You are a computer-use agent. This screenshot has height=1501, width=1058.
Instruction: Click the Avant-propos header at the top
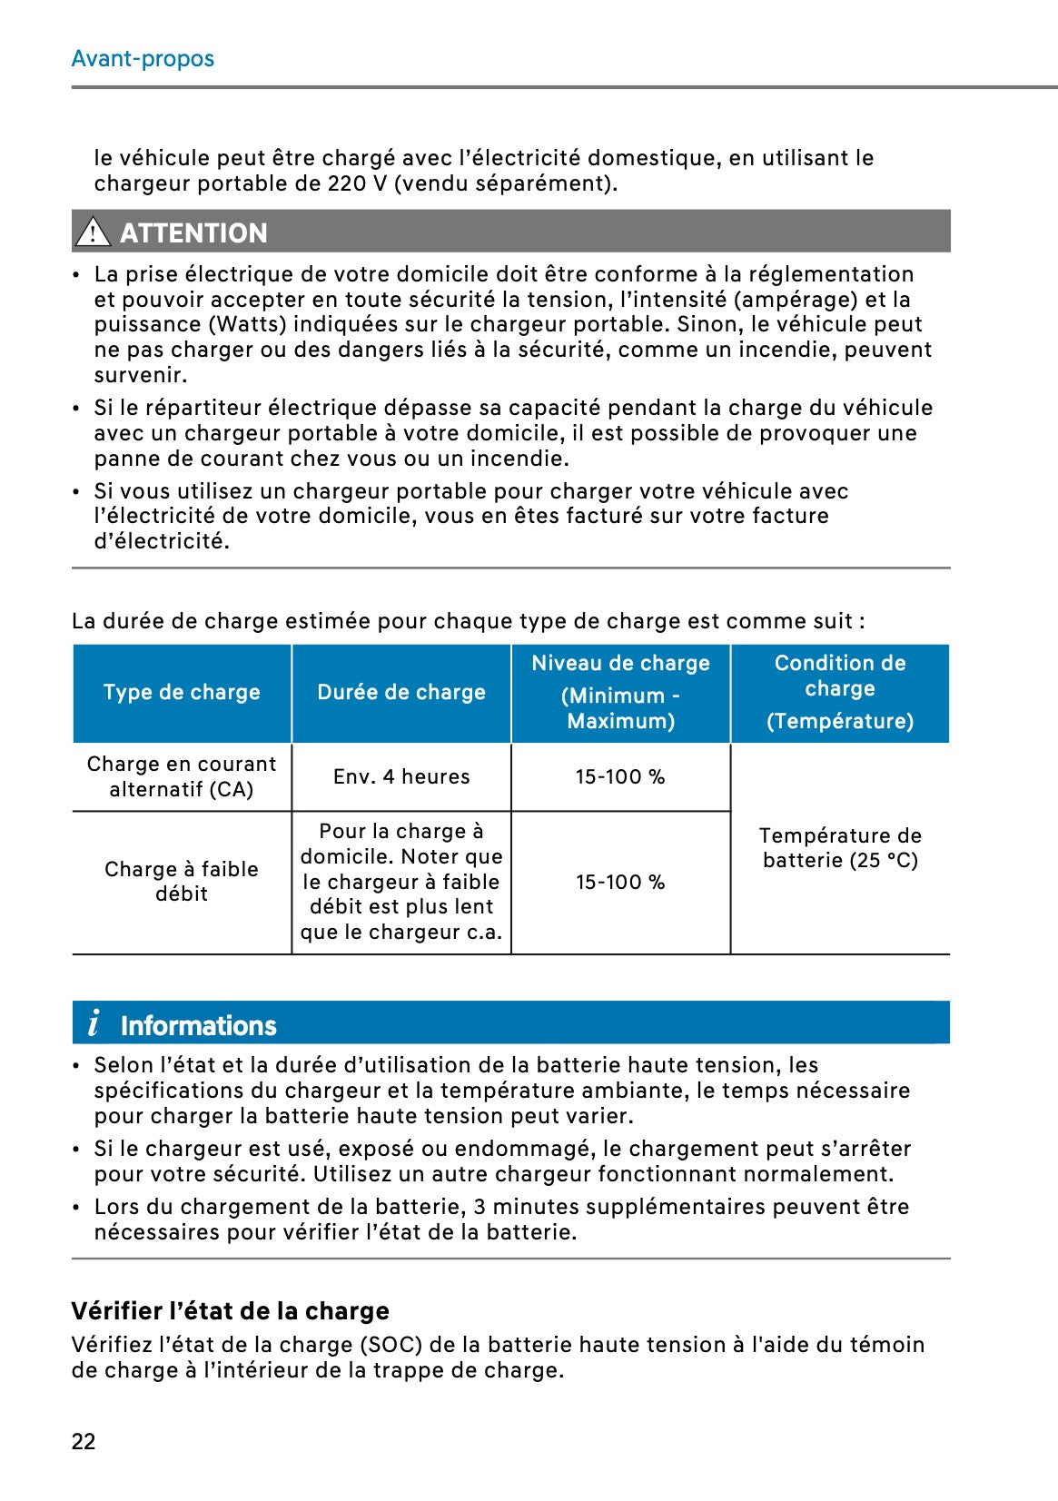(x=143, y=59)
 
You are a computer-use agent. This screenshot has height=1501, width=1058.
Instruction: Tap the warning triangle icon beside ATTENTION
(x=93, y=232)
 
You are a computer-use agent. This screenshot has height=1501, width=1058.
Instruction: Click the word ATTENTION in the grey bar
(x=193, y=233)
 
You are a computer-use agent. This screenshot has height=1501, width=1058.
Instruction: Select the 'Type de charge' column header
(x=182, y=693)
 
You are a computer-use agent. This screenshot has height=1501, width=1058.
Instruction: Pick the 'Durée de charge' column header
(x=401, y=693)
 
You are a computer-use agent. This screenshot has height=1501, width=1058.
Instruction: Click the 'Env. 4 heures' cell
(x=401, y=777)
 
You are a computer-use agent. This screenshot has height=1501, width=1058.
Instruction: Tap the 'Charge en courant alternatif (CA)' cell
(x=182, y=777)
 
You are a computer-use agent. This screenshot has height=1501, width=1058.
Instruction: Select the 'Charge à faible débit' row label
(x=182, y=882)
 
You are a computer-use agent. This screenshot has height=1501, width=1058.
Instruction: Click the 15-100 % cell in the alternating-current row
(x=620, y=777)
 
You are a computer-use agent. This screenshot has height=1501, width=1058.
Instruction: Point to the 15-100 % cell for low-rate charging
(x=620, y=883)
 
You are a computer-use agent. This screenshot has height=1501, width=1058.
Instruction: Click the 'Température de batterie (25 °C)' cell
(x=840, y=848)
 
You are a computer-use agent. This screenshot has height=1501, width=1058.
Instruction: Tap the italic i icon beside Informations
(x=94, y=1023)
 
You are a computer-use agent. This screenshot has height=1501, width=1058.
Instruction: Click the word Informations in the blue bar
(x=198, y=1026)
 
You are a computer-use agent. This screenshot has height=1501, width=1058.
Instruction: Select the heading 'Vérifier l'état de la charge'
(x=231, y=1311)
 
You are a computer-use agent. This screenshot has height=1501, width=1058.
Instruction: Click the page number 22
(x=84, y=1442)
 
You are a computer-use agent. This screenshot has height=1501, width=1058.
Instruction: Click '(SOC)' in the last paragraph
(x=392, y=1345)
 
